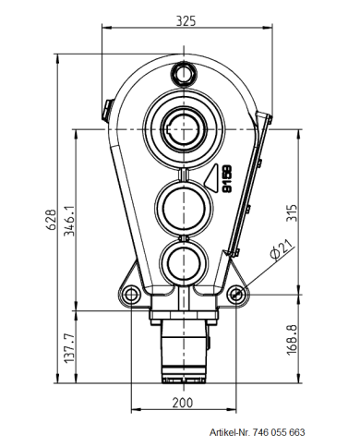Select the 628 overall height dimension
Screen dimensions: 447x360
(53, 218)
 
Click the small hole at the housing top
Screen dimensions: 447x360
(185, 71)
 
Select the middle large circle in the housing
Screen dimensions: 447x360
(185, 200)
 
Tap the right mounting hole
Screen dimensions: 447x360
(238, 294)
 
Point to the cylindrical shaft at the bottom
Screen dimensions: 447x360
(185, 347)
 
